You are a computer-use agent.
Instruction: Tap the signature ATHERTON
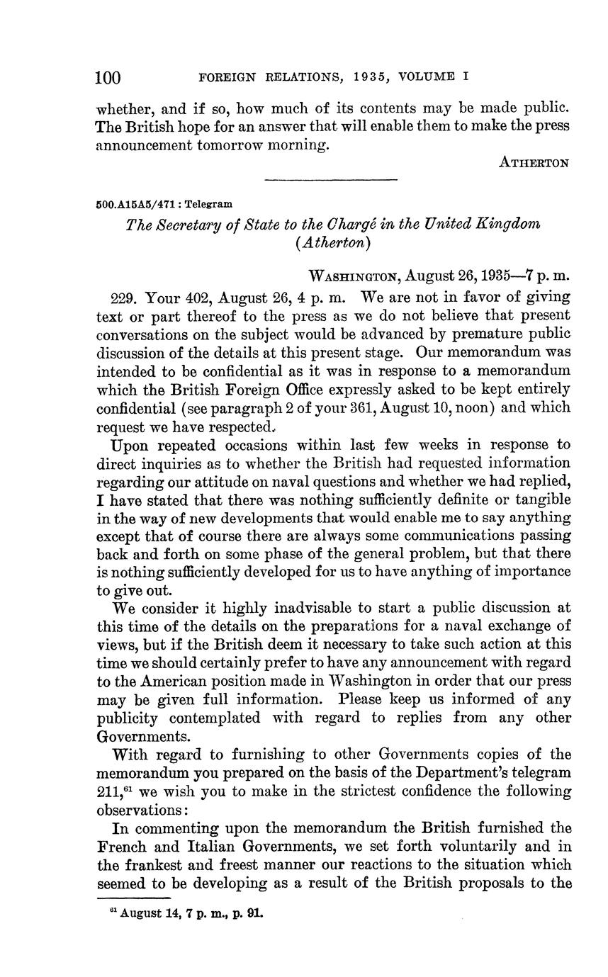pos(534,163)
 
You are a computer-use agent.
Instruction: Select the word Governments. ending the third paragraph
pos(135,736)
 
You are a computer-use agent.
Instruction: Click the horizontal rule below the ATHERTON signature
pos(331,179)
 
